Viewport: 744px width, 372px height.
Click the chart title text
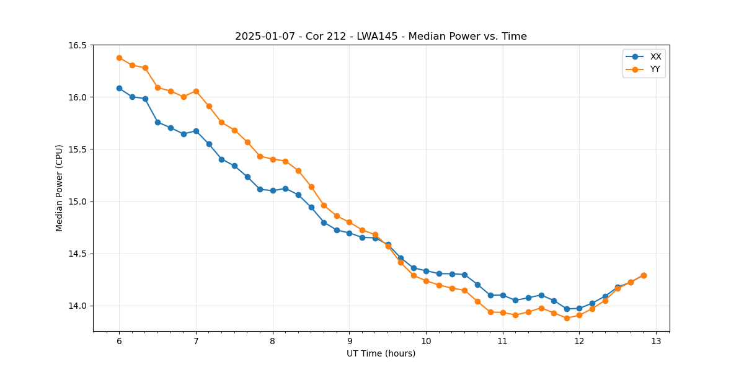[381, 37]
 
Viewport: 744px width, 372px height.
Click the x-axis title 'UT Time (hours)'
[381, 353]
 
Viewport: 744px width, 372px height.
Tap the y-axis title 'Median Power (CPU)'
[60, 188]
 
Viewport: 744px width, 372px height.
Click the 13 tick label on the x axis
[656, 342]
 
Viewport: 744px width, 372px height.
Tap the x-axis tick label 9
[349, 342]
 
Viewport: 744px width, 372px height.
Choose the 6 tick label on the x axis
[119, 342]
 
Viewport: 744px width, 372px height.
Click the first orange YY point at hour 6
[119, 58]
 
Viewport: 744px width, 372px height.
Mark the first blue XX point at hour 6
[119, 88]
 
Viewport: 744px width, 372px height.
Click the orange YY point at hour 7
[196, 91]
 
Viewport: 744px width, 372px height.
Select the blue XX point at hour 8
[273, 190]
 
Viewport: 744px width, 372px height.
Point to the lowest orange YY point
[567, 318]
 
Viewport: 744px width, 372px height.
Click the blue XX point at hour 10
[426, 271]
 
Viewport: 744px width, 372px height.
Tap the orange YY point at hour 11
[503, 312]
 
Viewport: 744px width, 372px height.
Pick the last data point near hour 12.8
[644, 275]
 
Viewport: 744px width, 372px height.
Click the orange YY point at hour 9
[349, 222]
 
